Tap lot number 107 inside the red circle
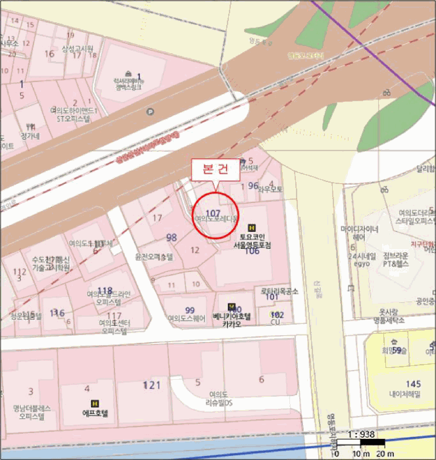click(x=212, y=212)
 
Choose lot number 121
click(x=152, y=384)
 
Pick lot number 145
click(x=413, y=384)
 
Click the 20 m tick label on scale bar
click(x=385, y=454)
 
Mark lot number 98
click(x=172, y=237)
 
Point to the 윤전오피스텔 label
click(x=154, y=256)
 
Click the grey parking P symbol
click(x=151, y=112)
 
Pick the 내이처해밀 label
click(x=413, y=394)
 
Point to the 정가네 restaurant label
click(x=30, y=136)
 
